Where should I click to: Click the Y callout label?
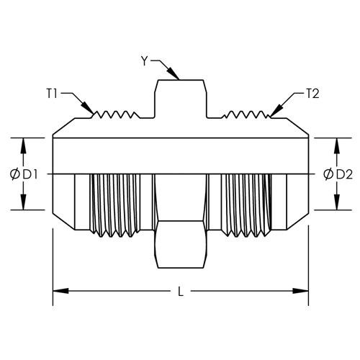(144, 61)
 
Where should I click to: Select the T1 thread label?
(52, 94)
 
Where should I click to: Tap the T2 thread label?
(312, 94)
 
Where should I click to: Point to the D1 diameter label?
(30, 175)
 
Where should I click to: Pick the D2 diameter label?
(344, 175)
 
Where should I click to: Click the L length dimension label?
(181, 292)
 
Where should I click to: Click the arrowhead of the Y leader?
(174, 73)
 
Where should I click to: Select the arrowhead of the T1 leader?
(87, 107)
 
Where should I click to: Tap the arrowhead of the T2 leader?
(276, 111)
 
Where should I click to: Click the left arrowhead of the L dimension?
(60, 291)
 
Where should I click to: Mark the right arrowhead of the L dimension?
(300, 291)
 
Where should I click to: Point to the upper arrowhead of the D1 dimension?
(23, 146)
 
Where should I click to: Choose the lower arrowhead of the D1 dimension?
(23, 202)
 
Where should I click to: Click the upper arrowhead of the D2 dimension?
(337, 146)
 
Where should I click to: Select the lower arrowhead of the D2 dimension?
(337, 202)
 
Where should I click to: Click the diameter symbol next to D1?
(15, 174)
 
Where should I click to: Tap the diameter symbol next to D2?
(328, 174)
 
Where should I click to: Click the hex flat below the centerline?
(180, 244)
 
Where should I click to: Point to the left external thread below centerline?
(115, 205)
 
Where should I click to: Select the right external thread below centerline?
(246, 205)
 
